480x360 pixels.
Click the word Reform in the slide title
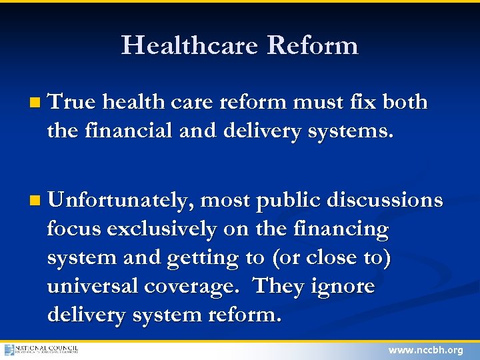click(x=313, y=45)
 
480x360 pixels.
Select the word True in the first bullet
click(x=72, y=102)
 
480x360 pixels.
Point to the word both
click(x=405, y=102)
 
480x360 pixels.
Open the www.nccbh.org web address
click(x=425, y=350)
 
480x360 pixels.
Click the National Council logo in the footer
click(x=41, y=349)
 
